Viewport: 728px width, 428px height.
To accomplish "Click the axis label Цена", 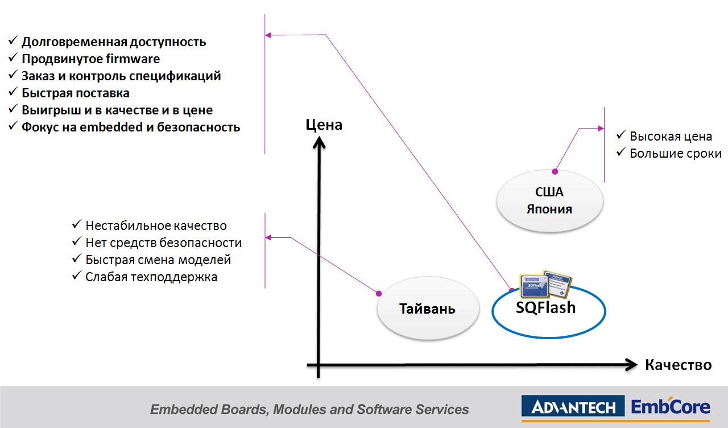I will click(324, 125).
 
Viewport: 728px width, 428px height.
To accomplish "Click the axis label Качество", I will click(678, 365).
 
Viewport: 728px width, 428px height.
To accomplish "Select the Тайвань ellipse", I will click(427, 309).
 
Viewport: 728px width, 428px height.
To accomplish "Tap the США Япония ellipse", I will click(549, 200).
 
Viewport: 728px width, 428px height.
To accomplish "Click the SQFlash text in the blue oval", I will click(545, 308).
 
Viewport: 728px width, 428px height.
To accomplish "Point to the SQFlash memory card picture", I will click(547, 283).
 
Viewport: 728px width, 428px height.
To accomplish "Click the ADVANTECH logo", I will click(573, 408).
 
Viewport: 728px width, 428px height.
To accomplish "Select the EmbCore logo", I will click(671, 407).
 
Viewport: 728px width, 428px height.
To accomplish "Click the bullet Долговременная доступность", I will click(114, 42).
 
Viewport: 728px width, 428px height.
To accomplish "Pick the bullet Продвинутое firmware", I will click(90, 59).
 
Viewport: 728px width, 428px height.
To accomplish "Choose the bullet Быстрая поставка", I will click(76, 93).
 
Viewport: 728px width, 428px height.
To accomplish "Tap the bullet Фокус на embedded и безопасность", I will click(131, 127).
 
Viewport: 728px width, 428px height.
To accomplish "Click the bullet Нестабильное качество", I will click(156, 226).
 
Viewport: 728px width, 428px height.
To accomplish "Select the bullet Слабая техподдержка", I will click(151, 277).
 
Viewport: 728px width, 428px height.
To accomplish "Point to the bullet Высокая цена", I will click(671, 137).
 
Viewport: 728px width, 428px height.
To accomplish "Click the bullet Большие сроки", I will click(675, 154).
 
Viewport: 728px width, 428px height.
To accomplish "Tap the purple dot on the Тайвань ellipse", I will click(378, 293).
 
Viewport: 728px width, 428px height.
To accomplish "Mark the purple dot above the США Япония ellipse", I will click(555, 171).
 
